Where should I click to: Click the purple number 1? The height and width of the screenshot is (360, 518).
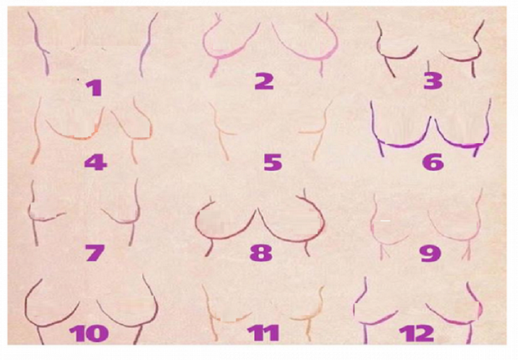94,88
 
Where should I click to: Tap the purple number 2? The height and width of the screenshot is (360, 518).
264,81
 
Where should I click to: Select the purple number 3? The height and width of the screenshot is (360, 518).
433,81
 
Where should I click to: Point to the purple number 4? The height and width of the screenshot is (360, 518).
96,162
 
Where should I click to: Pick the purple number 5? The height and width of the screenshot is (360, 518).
273,162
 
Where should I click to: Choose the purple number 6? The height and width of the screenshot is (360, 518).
433,162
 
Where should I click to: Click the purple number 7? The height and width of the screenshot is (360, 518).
95,253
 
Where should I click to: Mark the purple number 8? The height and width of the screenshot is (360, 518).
261,253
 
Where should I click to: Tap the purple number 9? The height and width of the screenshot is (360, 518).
430,253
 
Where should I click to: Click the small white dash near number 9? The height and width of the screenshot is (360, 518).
385,220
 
